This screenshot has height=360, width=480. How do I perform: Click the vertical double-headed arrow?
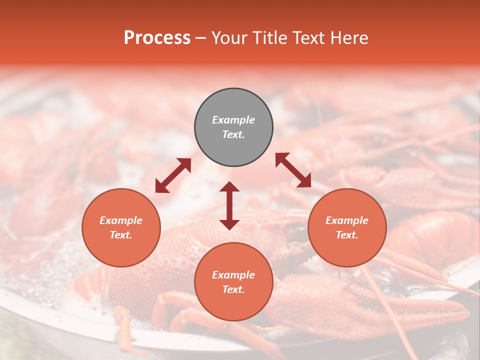pyautogui.click(x=229, y=205)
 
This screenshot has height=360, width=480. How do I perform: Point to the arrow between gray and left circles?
pyautogui.click(x=173, y=175)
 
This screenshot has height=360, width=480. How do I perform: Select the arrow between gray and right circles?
pyautogui.click(x=293, y=170)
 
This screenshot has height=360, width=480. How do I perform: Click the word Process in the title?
pyautogui.click(x=157, y=38)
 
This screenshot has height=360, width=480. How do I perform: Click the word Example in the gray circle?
pyautogui.click(x=233, y=120)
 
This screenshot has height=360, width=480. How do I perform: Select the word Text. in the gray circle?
pyautogui.click(x=233, y=134)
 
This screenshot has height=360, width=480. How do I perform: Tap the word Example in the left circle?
pyautogui.click(x=121, y=220)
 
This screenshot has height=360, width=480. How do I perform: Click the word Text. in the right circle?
pyautogui.click(x=347, y=235)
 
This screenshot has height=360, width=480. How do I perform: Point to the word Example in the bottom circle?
pyautogui.click(x=233, y=275)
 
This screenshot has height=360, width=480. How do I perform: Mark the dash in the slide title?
pyautogui.click(x=201, y=38)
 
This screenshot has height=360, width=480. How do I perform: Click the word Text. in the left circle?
pyautogui.click(x=121, y=235)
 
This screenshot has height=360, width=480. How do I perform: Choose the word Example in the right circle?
pyautogui.click(x=347, y=220)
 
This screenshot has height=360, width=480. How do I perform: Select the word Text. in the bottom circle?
pyautogui.click(x=233, y=289)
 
